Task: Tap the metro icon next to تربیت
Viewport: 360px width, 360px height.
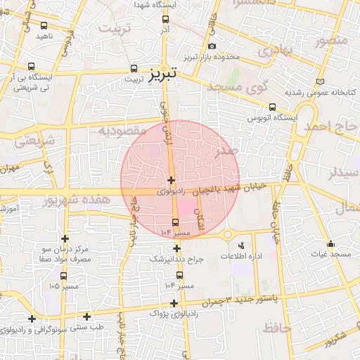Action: (134, 69)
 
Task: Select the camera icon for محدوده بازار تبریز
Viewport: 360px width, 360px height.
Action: (212, 46)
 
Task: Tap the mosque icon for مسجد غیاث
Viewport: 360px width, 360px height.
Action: (330, 244)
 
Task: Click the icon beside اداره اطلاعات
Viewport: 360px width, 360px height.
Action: (242, 245)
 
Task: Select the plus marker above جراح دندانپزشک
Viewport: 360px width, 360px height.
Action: (176, 248)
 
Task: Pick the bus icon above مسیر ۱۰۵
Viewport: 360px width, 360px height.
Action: (64, 276)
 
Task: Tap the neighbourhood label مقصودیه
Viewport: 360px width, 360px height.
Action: (122, 130)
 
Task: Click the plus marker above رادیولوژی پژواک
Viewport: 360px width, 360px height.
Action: (174, 303)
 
